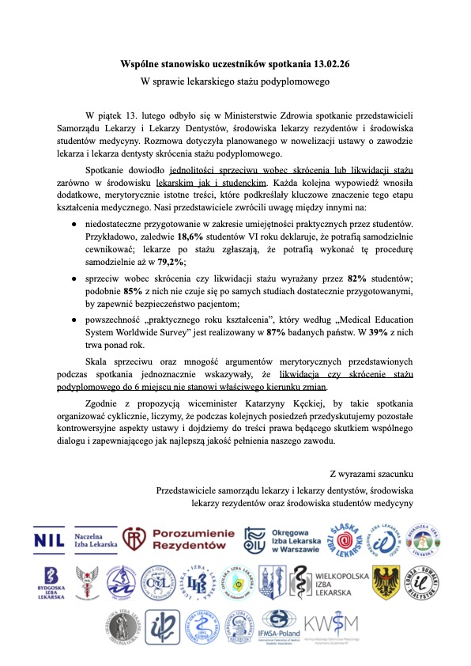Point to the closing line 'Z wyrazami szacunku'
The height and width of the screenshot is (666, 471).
point(372,474)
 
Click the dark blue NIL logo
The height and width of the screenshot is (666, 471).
point(50,539)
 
